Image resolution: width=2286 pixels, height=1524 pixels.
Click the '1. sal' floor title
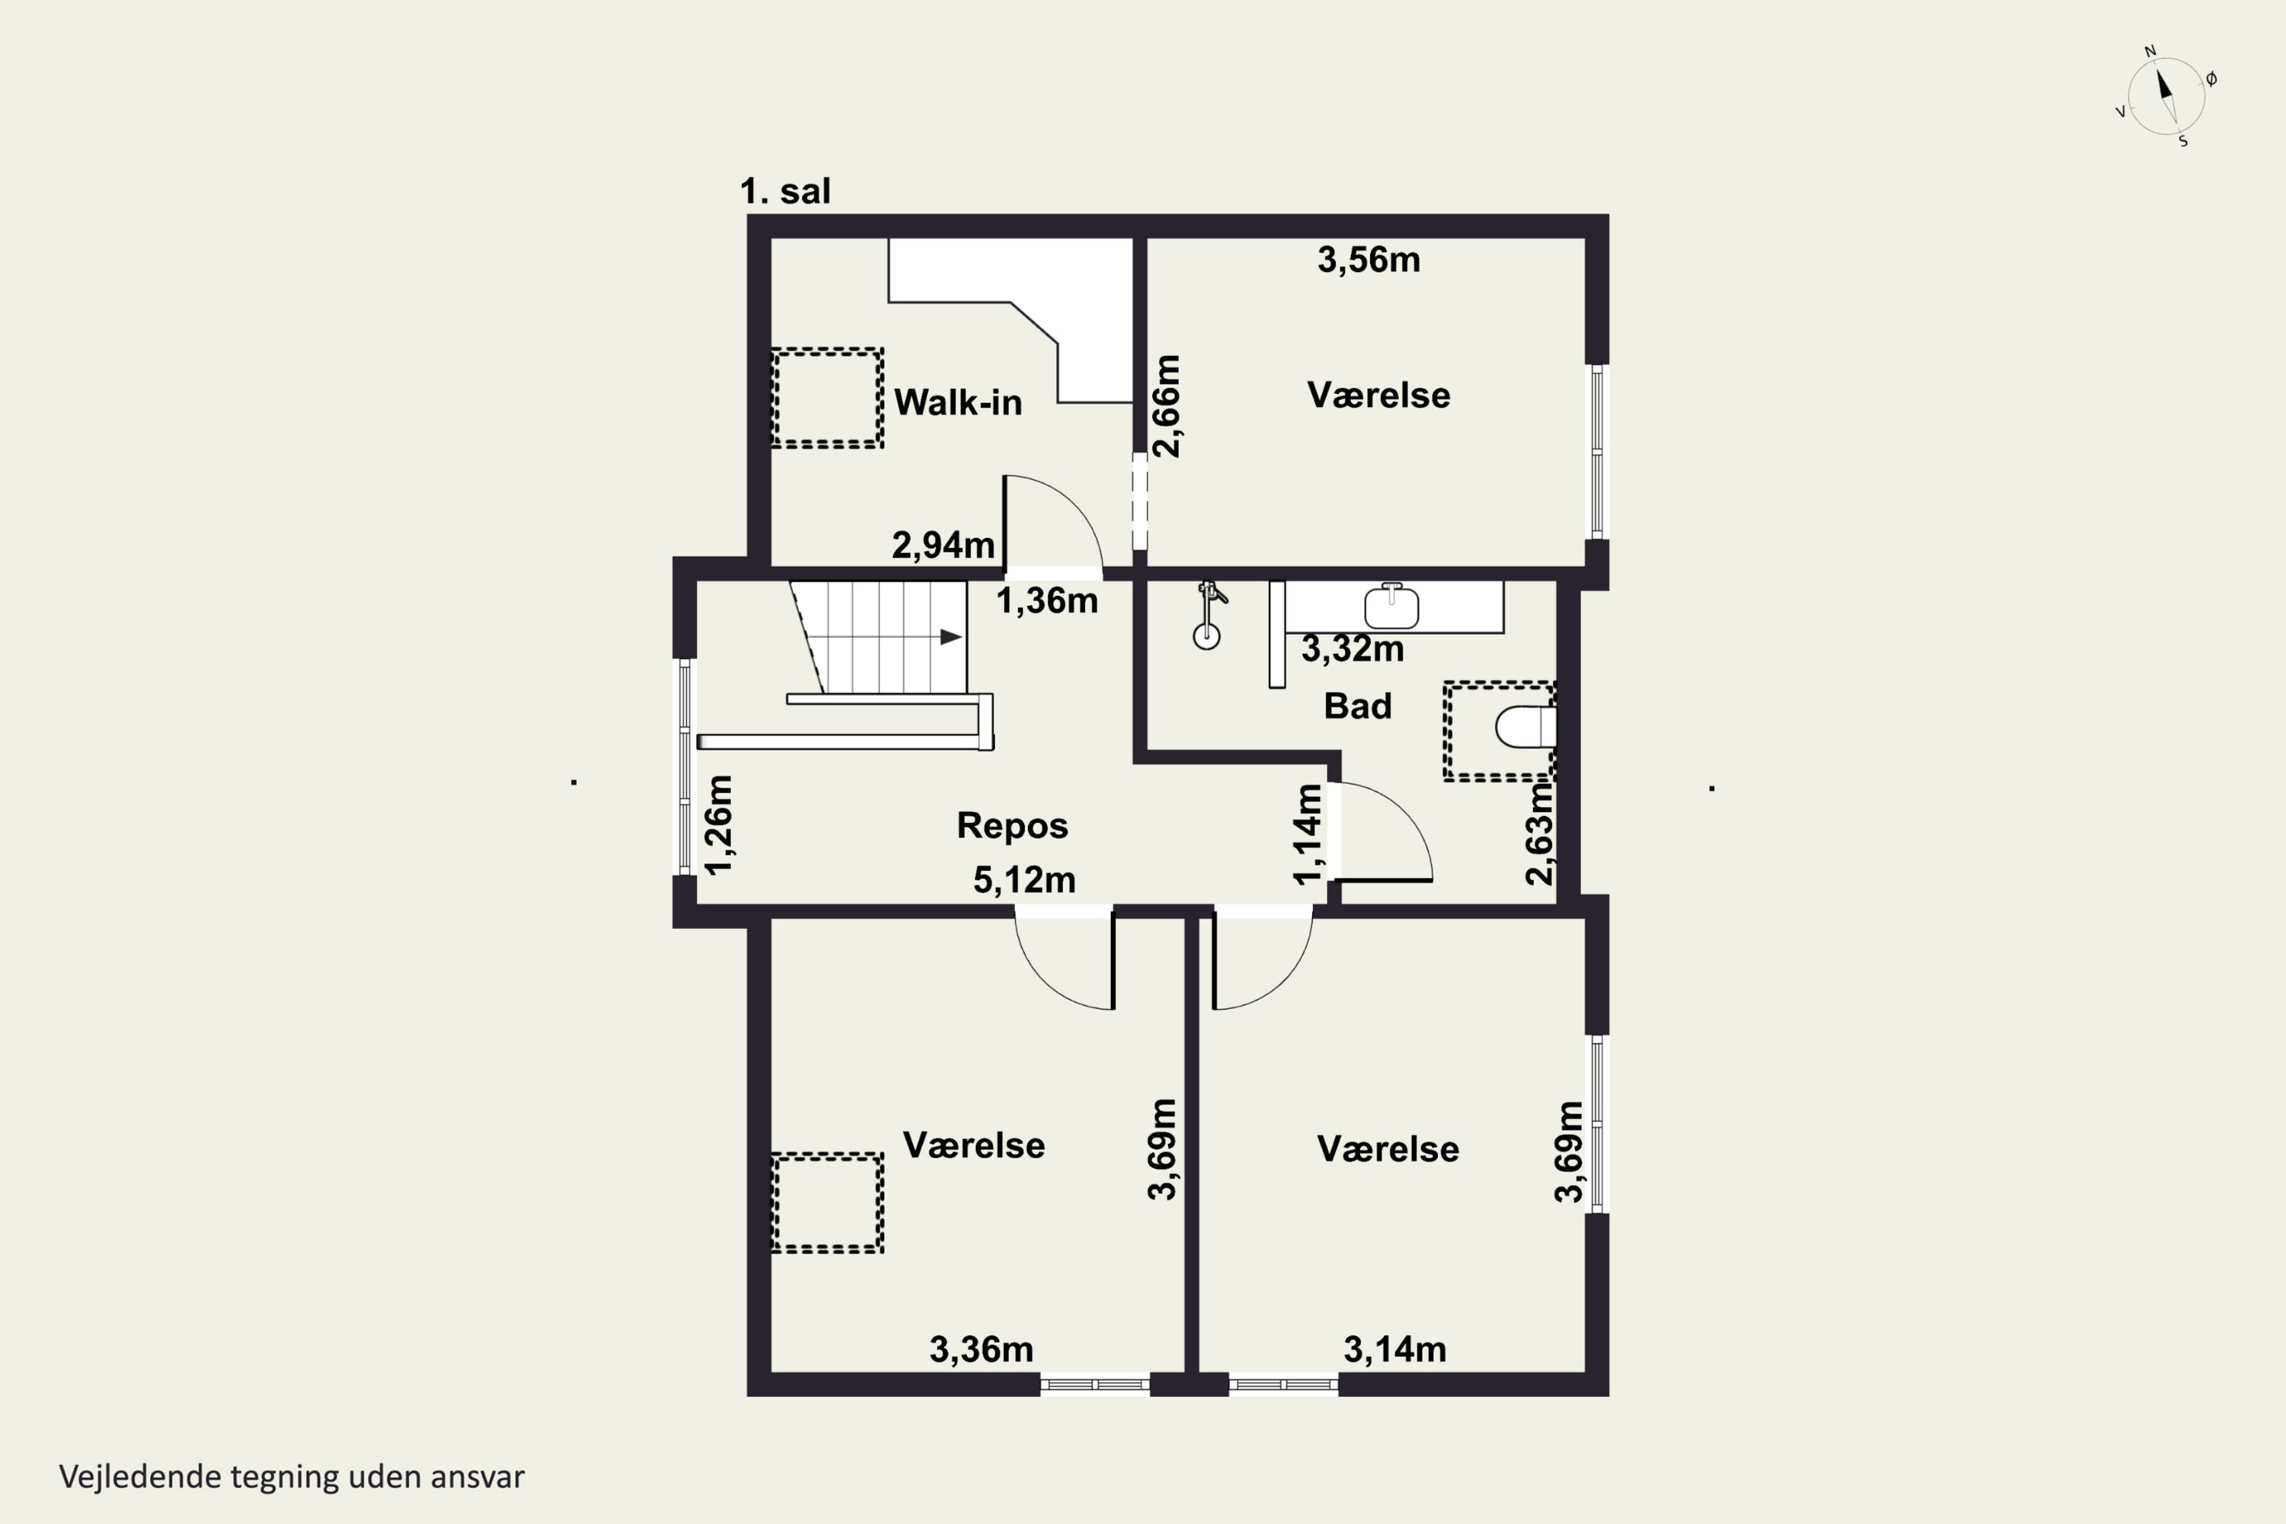[786, 190]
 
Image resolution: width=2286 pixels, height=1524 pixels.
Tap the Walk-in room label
[957, 402]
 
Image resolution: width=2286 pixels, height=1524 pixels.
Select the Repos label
[1012, 825]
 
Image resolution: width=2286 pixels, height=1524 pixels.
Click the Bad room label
[1357, 706]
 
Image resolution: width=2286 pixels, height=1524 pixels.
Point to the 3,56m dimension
[1369, 260]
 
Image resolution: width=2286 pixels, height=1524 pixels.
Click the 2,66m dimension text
[1167, 405]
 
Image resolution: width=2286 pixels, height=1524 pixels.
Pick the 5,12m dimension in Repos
[1024, 879]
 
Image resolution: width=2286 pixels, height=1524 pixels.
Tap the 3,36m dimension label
[981, 1349]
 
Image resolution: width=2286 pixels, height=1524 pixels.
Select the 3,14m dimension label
[1394, 1349]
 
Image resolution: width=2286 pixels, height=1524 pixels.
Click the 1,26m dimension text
[719, 824]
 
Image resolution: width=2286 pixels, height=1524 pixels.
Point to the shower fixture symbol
[1207, 614]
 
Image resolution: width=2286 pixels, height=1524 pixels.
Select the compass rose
[2166, 95]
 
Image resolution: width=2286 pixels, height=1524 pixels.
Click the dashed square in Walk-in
[827, 398]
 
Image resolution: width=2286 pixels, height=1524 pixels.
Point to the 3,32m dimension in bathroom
[1352, 648]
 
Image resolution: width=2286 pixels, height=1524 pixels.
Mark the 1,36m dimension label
[1047, 600]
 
